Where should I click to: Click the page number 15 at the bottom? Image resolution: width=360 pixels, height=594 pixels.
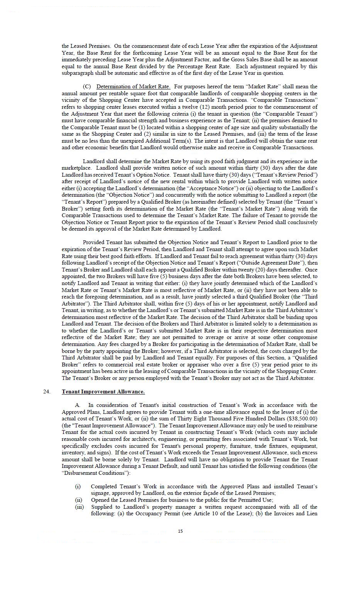coord(180,531)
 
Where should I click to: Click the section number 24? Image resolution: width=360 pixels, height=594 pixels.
coord(47,391)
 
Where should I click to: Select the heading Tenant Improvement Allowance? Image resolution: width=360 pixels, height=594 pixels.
coord(103,391)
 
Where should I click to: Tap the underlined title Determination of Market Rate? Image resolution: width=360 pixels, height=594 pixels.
coord(133,86)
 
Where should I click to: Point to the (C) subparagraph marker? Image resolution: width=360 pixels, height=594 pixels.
coord(87,86)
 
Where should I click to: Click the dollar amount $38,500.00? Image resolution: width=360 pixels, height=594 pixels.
coord(303,418)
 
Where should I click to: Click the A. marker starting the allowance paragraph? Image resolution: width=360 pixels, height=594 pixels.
coord(78,405)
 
